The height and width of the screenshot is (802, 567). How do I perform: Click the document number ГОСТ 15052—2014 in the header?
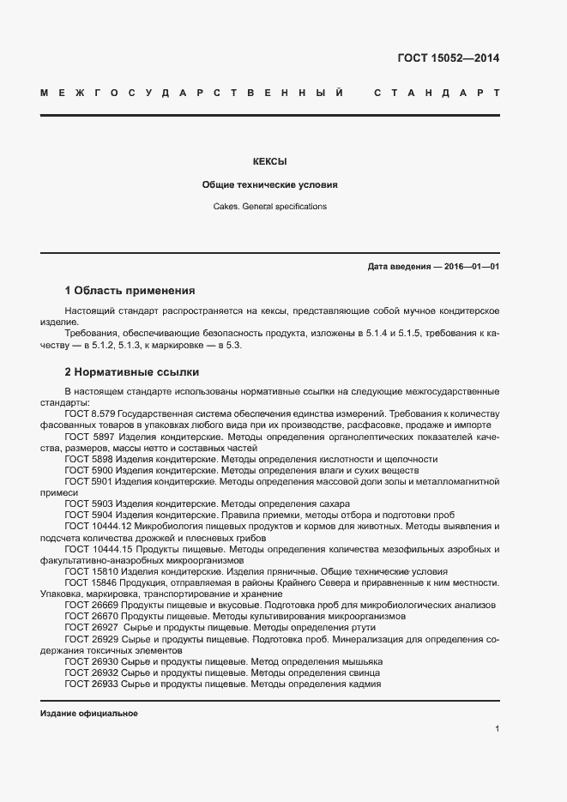click(x=448, y=58)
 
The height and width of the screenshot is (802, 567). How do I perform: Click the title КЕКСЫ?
click(x=269, y=161)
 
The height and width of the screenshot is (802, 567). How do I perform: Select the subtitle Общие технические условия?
click(x=269, y=184)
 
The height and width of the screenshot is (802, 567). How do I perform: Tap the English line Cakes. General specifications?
click(x=269, y=207)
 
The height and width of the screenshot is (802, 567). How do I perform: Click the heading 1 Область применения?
click(x=130, y=291)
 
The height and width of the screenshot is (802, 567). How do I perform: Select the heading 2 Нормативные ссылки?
click(x=131, y=372)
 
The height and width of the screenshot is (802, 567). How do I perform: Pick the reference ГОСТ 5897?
click(x=89, y=437)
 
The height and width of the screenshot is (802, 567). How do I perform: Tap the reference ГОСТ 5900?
click(x=89, y=471)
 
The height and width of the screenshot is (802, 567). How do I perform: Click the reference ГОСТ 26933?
click(x=92, y=684)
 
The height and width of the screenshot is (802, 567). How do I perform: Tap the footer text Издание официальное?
click(x=88, y=714)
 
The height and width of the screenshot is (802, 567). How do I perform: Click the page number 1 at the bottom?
click(x=497, y=729)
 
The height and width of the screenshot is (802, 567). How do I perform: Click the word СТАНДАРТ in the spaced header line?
click(x=437, y=92)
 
